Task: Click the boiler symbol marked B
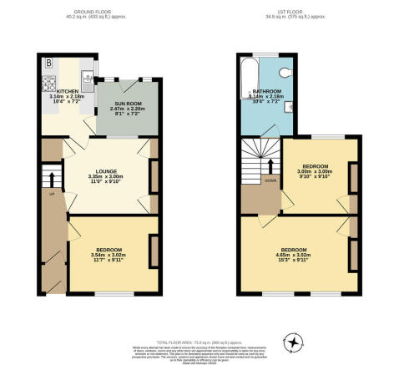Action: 48,63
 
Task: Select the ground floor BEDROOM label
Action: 109,250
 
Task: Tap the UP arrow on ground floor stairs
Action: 51,181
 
